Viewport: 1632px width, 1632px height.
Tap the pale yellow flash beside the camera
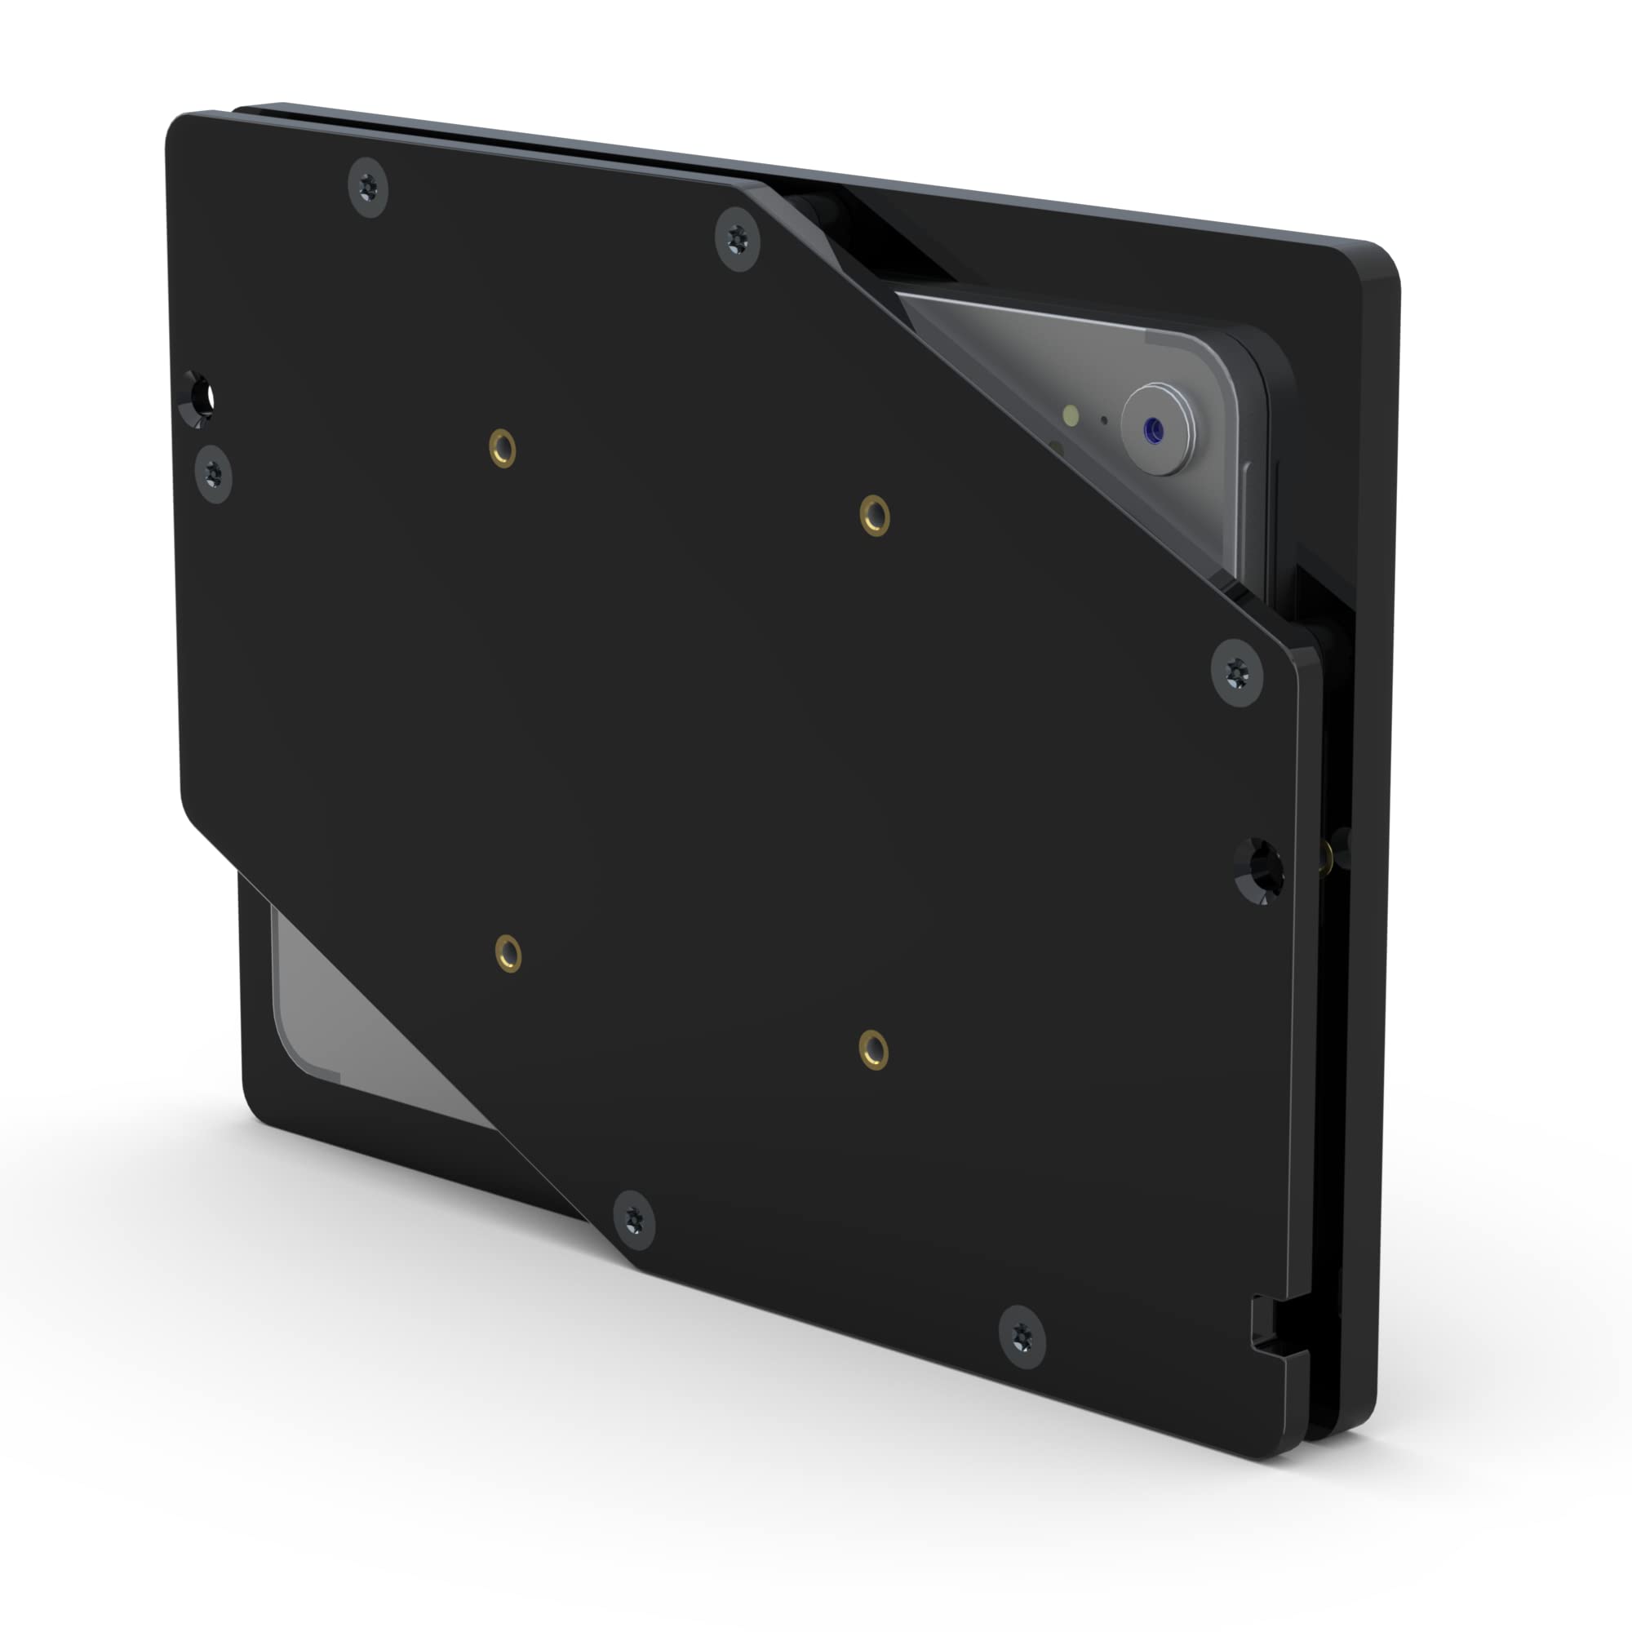pyautogui.click(x=1071, y=414)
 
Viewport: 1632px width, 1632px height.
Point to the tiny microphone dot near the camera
pyautogui.click(x=1103, y=419)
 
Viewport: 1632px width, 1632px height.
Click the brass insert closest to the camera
pyautogui.click(x=874, y=515)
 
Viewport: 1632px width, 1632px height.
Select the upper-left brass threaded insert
pyautogui.click(x=503, y=447)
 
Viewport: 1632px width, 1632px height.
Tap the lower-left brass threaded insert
pyautogui.click(x=508, y=955)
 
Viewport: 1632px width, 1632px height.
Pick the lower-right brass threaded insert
pyautogui.click(x=873, y=1050)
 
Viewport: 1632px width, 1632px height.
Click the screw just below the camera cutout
pyautogui.click(x=1237, y=673)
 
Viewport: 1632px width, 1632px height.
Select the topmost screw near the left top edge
pyautogui.click(x=368, y=187)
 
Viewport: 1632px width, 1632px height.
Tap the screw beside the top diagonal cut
pyautogui.click(x=738, y=241)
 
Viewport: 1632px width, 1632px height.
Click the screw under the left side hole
pyautogui.click(x=213, y=472)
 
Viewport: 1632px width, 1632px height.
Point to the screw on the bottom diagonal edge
pyautogui.click(x=633, y=1220)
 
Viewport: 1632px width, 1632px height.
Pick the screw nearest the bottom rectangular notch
pyautogui.click(x=1022, y=1336)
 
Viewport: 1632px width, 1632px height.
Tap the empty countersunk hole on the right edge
pyautogui.click(x=1259, y=871)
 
